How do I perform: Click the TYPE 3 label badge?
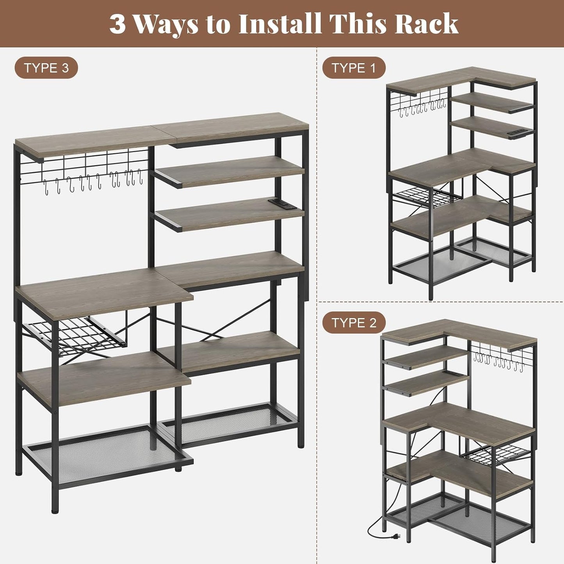coord(46,68)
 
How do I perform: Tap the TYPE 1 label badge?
coord(354,68)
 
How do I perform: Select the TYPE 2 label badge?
coord(354,323)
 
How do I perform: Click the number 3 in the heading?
coord(117,24)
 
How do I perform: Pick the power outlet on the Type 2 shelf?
coord(454,374)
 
